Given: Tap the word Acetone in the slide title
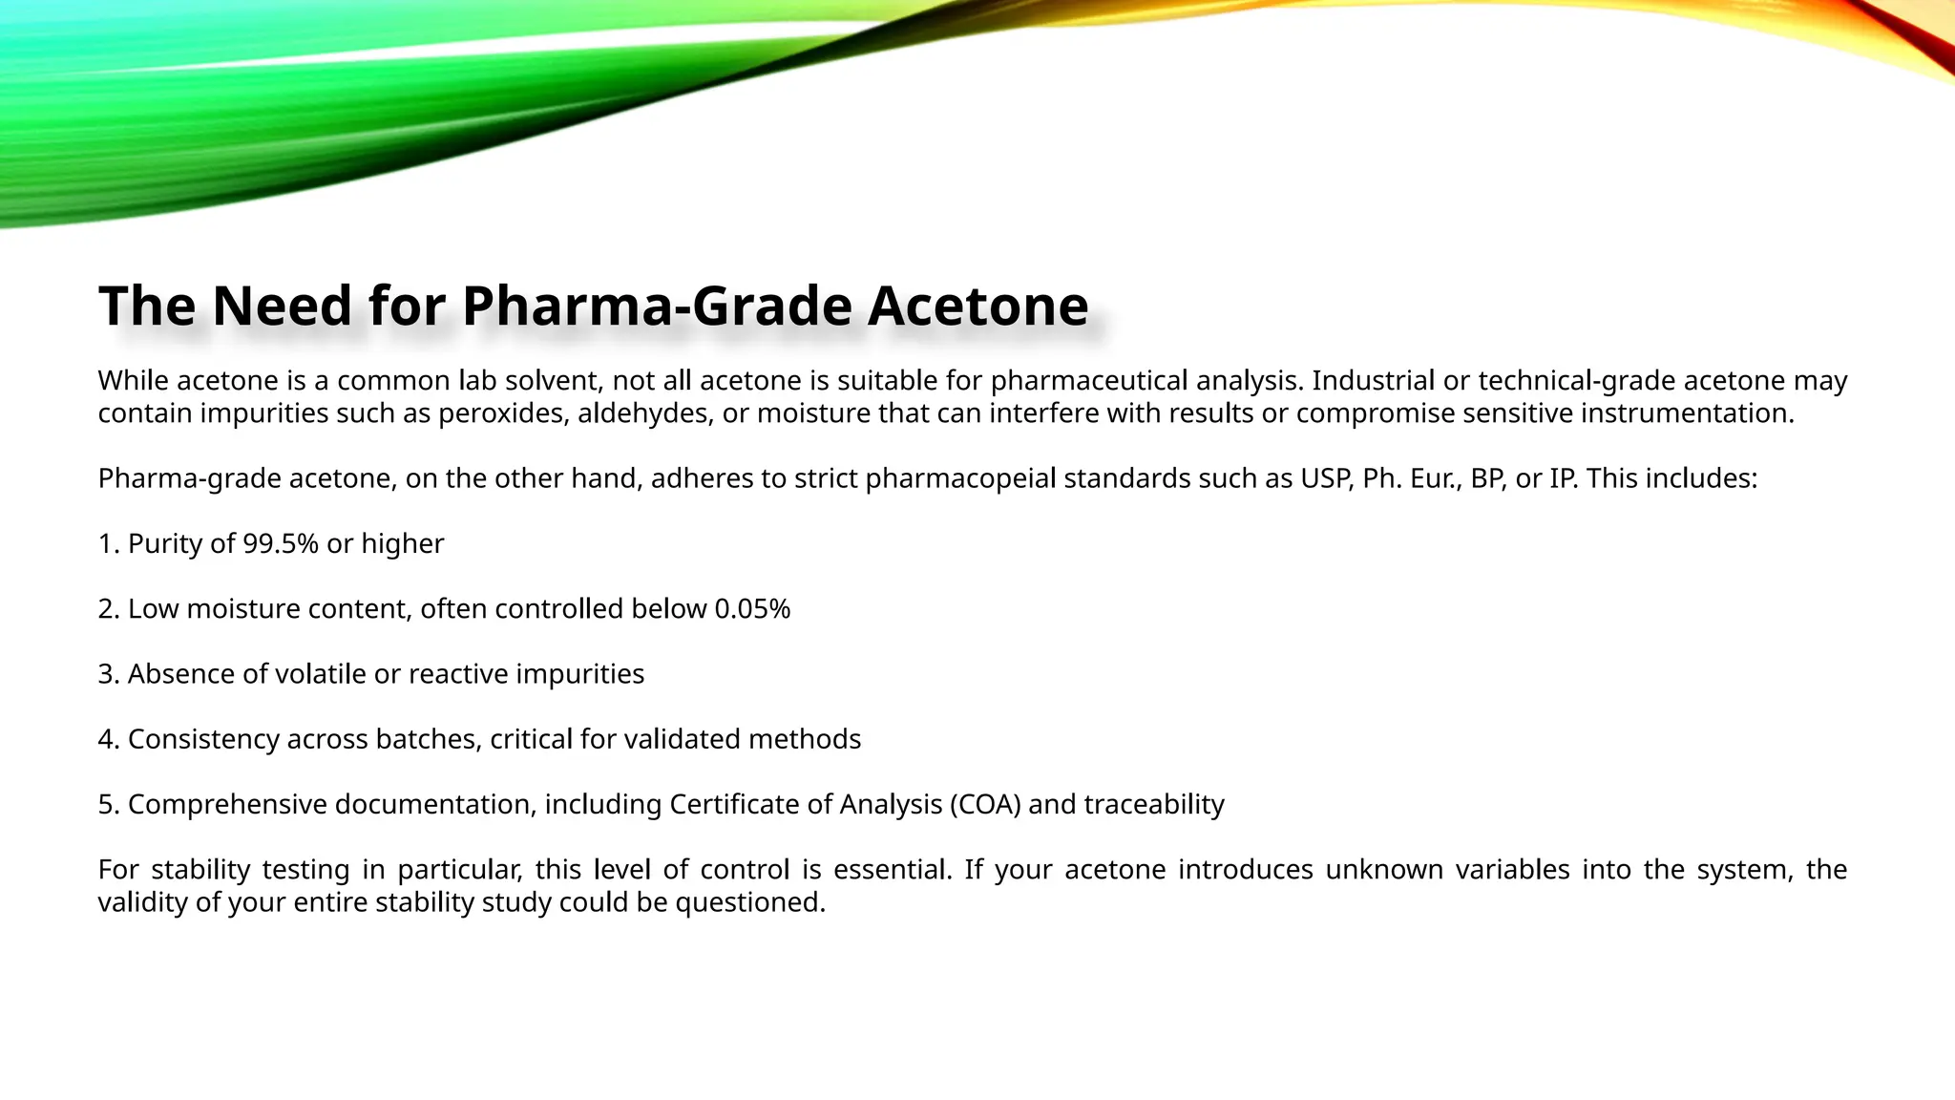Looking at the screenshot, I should pos(977,307).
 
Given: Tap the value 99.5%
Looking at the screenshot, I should pos(281,543).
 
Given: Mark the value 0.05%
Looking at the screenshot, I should pos(752,609).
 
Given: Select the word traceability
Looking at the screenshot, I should pos(1154,805).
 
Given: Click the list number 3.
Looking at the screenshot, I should pos(107,674).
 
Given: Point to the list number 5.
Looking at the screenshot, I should pos(107,805).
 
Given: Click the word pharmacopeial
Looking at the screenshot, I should pos(960,478).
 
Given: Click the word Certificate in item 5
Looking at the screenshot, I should pos(734,805).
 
